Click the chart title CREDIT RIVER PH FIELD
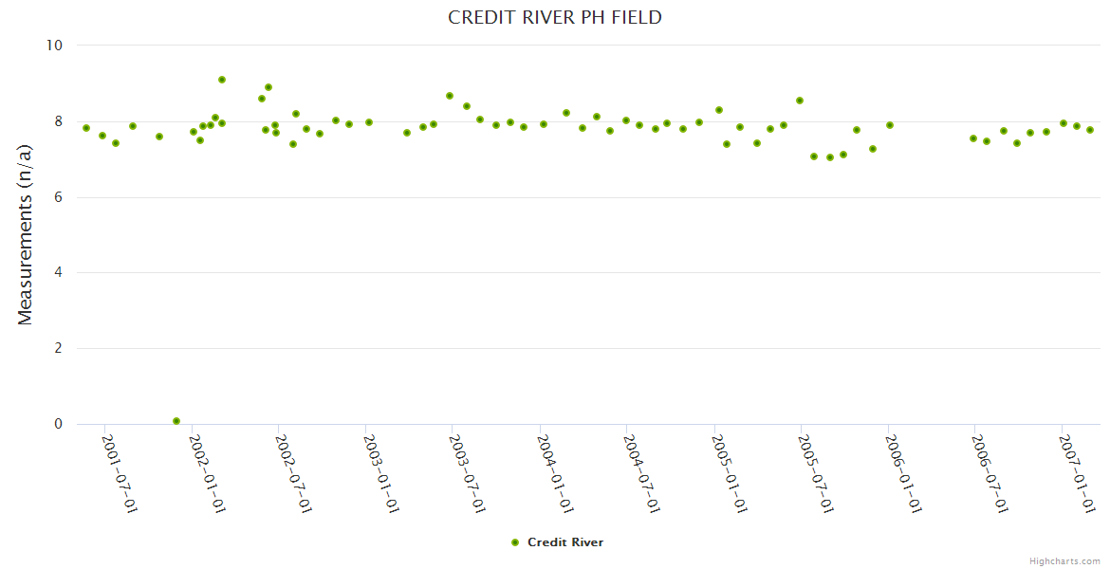click(555, 18)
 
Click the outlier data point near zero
click(176, 421)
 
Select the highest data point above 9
click(222, 80)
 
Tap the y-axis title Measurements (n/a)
click(26, 234)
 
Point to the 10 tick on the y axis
click(54, 46)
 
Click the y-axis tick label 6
click(58, 197)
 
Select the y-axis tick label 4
click(58, 273)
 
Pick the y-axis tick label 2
click(58, 349)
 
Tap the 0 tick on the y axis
click(58, 425)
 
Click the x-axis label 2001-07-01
click(120, 474)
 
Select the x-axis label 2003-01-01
click(380, 474)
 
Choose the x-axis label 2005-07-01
click(815, 474)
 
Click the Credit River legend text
click(565, 542)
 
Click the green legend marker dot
click(515, 542)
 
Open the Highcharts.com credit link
click(1064, 561)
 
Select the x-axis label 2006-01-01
click(902, 474)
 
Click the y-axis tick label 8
click(58, 121)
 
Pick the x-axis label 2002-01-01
click(207, 474)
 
